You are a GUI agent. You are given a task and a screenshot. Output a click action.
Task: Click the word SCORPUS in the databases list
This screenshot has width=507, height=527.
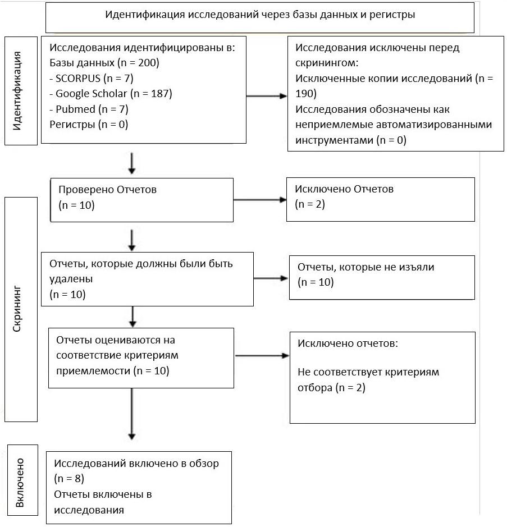tap(78, 79)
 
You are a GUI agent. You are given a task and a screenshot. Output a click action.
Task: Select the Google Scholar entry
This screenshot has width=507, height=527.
tap(91, 93)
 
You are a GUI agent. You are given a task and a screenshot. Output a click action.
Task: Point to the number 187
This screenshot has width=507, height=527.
tap(159, 93)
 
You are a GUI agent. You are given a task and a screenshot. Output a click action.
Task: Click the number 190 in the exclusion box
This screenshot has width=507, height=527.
tap(304, 94)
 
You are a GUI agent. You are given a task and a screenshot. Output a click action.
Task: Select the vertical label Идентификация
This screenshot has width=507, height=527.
tap(17, 91)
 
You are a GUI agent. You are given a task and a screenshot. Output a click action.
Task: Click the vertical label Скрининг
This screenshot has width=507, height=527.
tap(17, 309)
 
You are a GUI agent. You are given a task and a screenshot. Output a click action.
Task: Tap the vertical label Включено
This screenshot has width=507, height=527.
tap(20, 483)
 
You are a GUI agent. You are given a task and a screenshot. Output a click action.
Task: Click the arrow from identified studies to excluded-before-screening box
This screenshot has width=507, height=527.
tap(267, 96)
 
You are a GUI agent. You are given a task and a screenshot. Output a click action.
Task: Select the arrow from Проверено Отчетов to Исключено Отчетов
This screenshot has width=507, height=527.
tap(259, 200)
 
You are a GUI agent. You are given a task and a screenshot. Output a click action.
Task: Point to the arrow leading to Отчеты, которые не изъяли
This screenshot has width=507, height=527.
tap(271, 278)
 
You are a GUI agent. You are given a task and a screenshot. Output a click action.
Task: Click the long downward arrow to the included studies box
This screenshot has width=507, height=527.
tap(132, 414)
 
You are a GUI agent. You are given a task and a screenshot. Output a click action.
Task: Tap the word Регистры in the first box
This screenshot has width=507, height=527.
tap(72, 125)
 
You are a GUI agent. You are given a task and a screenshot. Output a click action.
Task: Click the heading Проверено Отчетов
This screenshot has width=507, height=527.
tap(108, 190)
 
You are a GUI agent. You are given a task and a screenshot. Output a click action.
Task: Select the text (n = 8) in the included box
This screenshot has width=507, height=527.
tap(69, 479)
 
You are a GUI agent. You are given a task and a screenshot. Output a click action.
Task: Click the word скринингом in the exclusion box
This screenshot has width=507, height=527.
tap(327, 63)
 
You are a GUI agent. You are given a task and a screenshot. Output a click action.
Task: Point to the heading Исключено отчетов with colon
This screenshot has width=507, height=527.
tap(348, 343)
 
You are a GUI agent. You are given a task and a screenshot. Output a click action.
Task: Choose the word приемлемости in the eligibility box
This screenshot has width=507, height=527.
tap(93, 371)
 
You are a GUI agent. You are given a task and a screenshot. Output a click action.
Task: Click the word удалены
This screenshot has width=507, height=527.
tap(71, 279)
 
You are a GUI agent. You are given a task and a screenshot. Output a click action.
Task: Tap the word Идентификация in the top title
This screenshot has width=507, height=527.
tap(145, 15)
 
